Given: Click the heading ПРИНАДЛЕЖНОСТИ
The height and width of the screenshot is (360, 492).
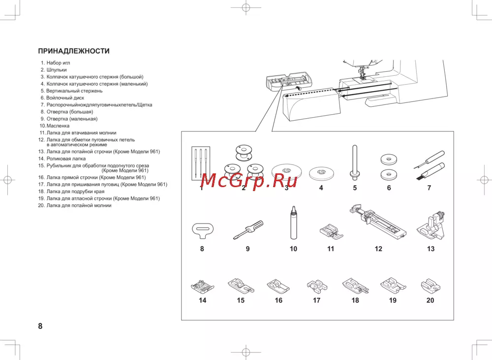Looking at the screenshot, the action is pyautogui.click(x=74, y=51).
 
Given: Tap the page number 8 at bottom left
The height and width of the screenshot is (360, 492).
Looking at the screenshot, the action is pyautogui.click(x=40, y=326).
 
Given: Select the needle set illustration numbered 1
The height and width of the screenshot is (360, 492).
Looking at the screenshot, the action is pyautogui.click(x=201, y=164).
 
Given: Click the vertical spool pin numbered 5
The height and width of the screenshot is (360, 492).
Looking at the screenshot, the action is pyautogui.click(x=355, y=163).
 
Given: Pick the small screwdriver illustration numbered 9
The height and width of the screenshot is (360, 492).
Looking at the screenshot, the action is pyautogui.click(x=248, y=229).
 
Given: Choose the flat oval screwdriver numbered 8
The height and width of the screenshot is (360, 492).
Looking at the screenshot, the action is pyautogui.click(x=202, y=230).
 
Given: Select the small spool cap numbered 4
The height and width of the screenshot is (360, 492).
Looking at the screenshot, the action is pyautogui.click(x=321, y=173).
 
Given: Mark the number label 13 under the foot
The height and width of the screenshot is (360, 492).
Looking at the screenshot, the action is pyautogui.click(x=430, y=249).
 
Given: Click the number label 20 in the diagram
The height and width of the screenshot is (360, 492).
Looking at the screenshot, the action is pyautogui.click(x=430, y=300).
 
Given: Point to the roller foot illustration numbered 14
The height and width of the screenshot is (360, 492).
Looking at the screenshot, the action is pyautogui.click(x=202, y=286).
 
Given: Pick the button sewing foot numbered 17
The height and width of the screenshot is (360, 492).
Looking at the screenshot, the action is pyautogui.click(x=317, y=286).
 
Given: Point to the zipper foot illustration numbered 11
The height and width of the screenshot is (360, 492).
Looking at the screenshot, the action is pyautogui.click(x=331, y=231).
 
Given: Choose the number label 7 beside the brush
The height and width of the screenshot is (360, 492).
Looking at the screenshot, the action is pyautogui.click(x=429, y=188).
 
